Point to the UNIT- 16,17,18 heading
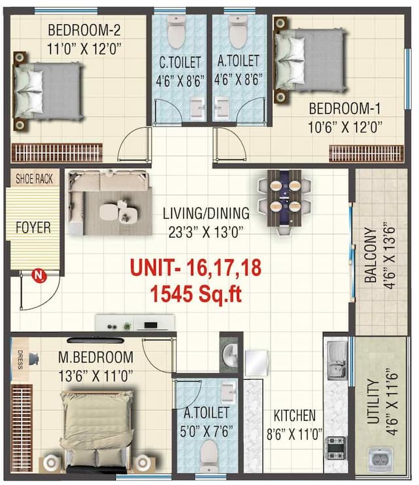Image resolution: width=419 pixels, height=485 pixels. (196, 268)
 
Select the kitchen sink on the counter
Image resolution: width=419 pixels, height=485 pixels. (337, 360)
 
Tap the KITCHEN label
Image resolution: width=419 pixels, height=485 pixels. (295, 415)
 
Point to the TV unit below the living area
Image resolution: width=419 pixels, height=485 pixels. (136, 323)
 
